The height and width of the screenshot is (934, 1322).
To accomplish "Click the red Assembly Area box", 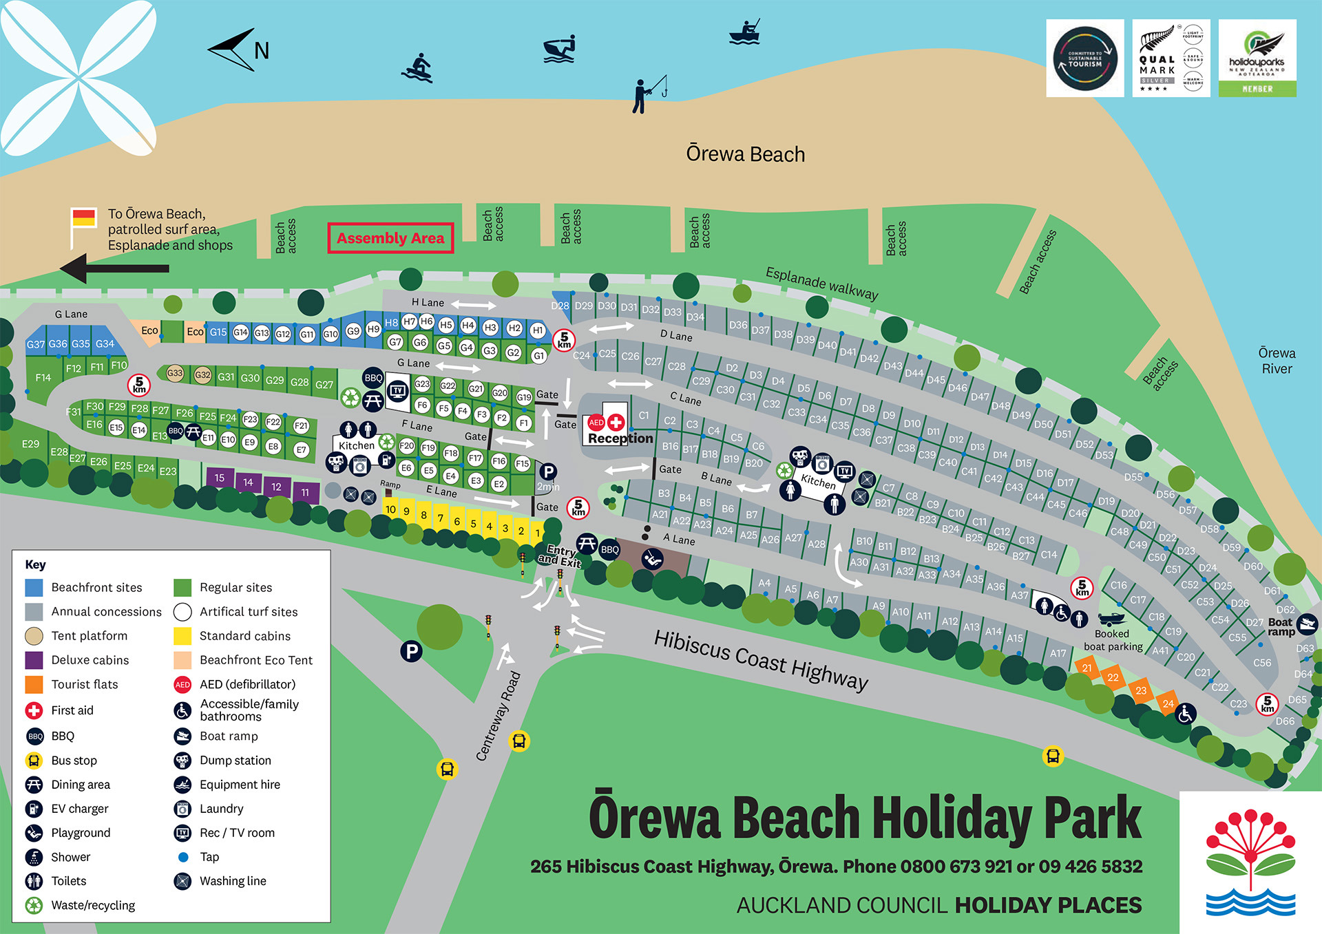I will tap(390, 238).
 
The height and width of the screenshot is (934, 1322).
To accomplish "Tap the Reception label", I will tap(620, 438).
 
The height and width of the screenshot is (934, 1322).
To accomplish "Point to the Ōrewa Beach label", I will tap(745, 154).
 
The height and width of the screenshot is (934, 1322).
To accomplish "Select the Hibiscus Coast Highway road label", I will tap(761, 660).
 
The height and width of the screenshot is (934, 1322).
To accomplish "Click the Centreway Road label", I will tap(498, 716).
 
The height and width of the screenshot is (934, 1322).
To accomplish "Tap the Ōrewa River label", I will tap(1277, 361).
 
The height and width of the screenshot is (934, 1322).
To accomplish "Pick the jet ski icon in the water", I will tap(559, 50).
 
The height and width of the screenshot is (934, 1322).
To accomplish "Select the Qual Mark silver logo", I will tap(1171, 59).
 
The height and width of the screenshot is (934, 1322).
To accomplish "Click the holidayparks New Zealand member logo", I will tap(1257, 59).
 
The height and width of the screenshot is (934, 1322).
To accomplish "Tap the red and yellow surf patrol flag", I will tap(84, 218).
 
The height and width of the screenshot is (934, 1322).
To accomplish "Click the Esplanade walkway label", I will tap(821, 284).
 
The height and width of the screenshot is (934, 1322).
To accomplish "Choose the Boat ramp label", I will tap(1281, 627).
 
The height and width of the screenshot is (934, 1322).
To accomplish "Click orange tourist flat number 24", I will tap(1168, 703).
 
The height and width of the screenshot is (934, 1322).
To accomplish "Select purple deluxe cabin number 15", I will tap(220, 478).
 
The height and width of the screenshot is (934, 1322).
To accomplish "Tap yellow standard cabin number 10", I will tap(390, 510).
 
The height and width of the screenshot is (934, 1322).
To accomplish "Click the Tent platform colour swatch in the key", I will tap(34, 636).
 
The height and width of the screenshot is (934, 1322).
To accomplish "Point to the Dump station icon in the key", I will tap(182, 761).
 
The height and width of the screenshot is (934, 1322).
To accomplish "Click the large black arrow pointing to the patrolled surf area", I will tap(114, 268).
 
